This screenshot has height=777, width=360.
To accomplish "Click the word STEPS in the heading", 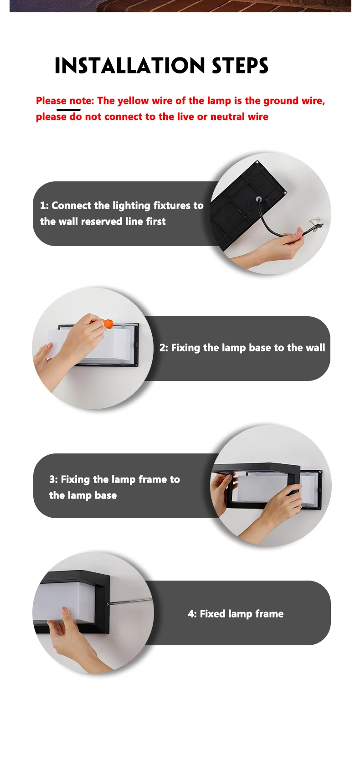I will point(240,66).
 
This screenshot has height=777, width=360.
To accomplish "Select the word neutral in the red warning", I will point(227,117).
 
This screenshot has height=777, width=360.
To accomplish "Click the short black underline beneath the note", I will point(68,110).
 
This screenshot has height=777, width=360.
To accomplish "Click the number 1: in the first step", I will point(44,206).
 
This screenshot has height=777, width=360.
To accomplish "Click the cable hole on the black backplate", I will point(259,200).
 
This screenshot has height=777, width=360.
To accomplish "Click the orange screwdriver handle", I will point(108,324).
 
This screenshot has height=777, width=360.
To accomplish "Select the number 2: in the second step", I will point(164,348).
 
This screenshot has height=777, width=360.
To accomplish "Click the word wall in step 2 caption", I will point(315,348).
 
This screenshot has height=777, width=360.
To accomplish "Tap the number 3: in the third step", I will point(53,479).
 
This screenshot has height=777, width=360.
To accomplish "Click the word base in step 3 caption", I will point(106,495).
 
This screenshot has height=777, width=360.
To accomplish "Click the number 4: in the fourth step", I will point(192,614).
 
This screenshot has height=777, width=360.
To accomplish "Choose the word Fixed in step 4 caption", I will point(212,614).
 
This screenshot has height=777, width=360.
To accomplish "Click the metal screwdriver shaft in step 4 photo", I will point(130,601).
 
